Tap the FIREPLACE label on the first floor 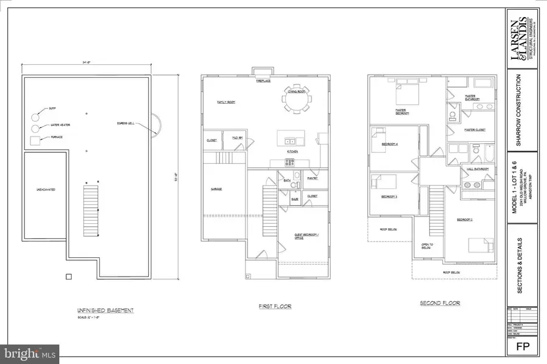pos(263,81)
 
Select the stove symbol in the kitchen pos(290,162)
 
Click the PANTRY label pos(312,179)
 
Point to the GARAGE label pos(216,189)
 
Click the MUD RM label pos(237,140)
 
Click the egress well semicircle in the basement pos(156,124)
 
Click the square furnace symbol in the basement pos(35,141)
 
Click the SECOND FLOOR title pos(439,303)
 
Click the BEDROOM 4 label pos(389,144)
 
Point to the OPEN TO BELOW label pos(427,246)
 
